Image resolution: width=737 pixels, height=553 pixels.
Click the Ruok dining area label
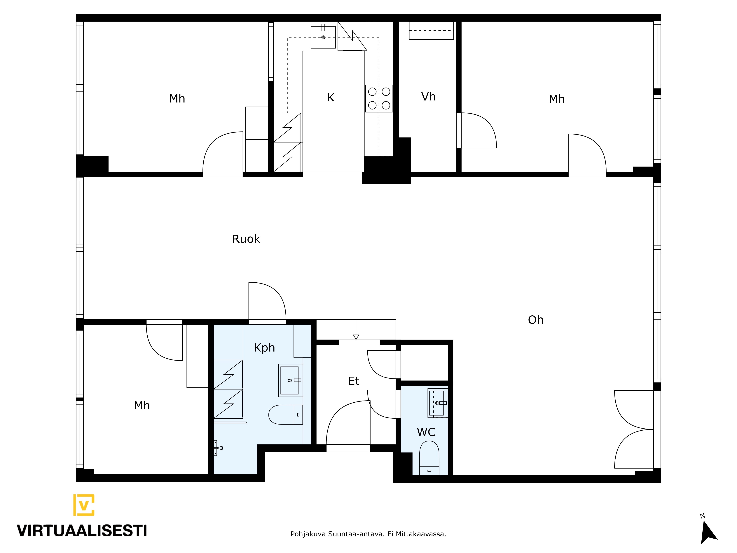point(246,239)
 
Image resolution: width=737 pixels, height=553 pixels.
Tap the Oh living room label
point(535,320)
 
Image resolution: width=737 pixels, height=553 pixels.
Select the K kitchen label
point(331,98)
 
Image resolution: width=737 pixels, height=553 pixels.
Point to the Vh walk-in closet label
point(428,97)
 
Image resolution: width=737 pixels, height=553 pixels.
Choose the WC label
point(426,432)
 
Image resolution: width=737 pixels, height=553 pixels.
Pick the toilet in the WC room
point(429,458)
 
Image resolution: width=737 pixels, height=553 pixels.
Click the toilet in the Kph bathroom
point(286,415)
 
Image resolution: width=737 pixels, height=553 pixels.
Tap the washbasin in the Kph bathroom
point(290,380)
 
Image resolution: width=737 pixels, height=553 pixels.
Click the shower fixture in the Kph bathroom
point(218,448)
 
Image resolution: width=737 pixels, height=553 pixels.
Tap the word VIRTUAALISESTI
point(82,531)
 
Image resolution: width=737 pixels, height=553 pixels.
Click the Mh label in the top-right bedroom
point(557,99)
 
